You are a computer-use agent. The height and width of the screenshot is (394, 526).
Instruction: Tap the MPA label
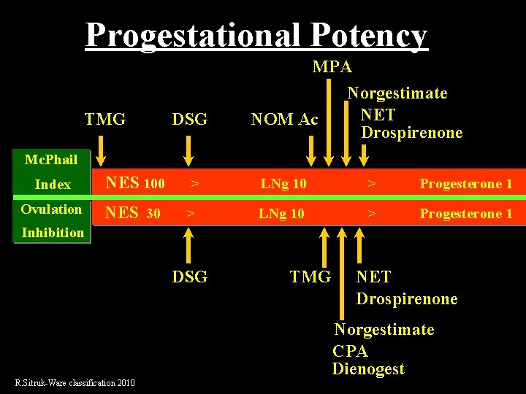(x=332, y=66)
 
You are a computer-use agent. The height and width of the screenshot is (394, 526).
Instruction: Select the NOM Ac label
(x=284, y=119)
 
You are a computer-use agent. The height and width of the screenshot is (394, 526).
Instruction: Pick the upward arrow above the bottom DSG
(x=188, y=245)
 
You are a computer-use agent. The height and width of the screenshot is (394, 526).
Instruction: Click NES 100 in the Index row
(x=135, y=183)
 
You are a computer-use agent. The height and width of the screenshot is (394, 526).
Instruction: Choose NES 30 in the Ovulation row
(x=134, y=213)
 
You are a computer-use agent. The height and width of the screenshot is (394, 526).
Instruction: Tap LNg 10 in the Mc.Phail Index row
(x=283, y=184)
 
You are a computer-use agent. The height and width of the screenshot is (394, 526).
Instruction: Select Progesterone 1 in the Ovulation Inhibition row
(x=466, y=214)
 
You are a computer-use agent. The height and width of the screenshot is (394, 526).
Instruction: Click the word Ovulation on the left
(x=51, y=209)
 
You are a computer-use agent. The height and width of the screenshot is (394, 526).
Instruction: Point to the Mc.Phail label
(x=51, y=160)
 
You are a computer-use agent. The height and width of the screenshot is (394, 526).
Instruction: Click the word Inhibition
(x=53, y=233)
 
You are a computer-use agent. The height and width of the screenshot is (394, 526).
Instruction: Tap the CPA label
(x=350, y=349)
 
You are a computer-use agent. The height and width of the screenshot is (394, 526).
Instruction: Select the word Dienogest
(x=367, y=369)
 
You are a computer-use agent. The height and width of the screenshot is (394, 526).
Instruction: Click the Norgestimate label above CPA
(x=384, y=330)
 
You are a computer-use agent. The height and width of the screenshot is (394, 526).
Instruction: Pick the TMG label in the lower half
(x=310, y=277)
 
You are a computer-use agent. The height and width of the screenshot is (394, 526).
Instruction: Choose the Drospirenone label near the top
(x=411, y=133)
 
